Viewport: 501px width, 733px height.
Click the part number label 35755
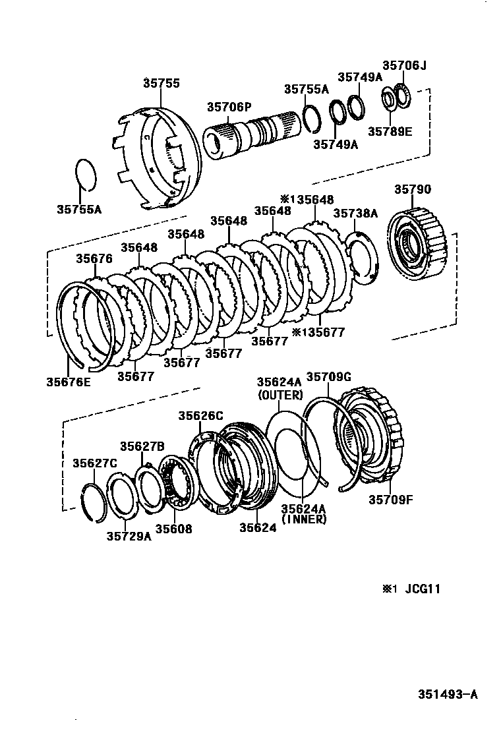(x=161, y=84)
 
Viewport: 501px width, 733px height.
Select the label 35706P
(x=229, y=107)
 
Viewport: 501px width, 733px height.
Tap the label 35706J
(x=405, y=65)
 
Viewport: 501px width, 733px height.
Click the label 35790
(x=413, y=190)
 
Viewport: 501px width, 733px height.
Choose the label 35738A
(x=355, y=213)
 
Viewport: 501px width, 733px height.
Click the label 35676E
(x=69, y=381)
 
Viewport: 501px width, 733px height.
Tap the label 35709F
(x=390, y=499)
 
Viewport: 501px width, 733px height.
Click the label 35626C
(x=200, y=415)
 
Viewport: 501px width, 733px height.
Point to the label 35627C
(x=94, y=463)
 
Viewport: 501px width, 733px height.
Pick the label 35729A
(x=129, y=535)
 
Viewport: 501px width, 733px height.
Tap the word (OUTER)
(x=280, y=396)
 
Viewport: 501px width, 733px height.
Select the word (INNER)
(x=304, y=519)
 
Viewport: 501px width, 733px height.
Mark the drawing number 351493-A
(x=447, y=694)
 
